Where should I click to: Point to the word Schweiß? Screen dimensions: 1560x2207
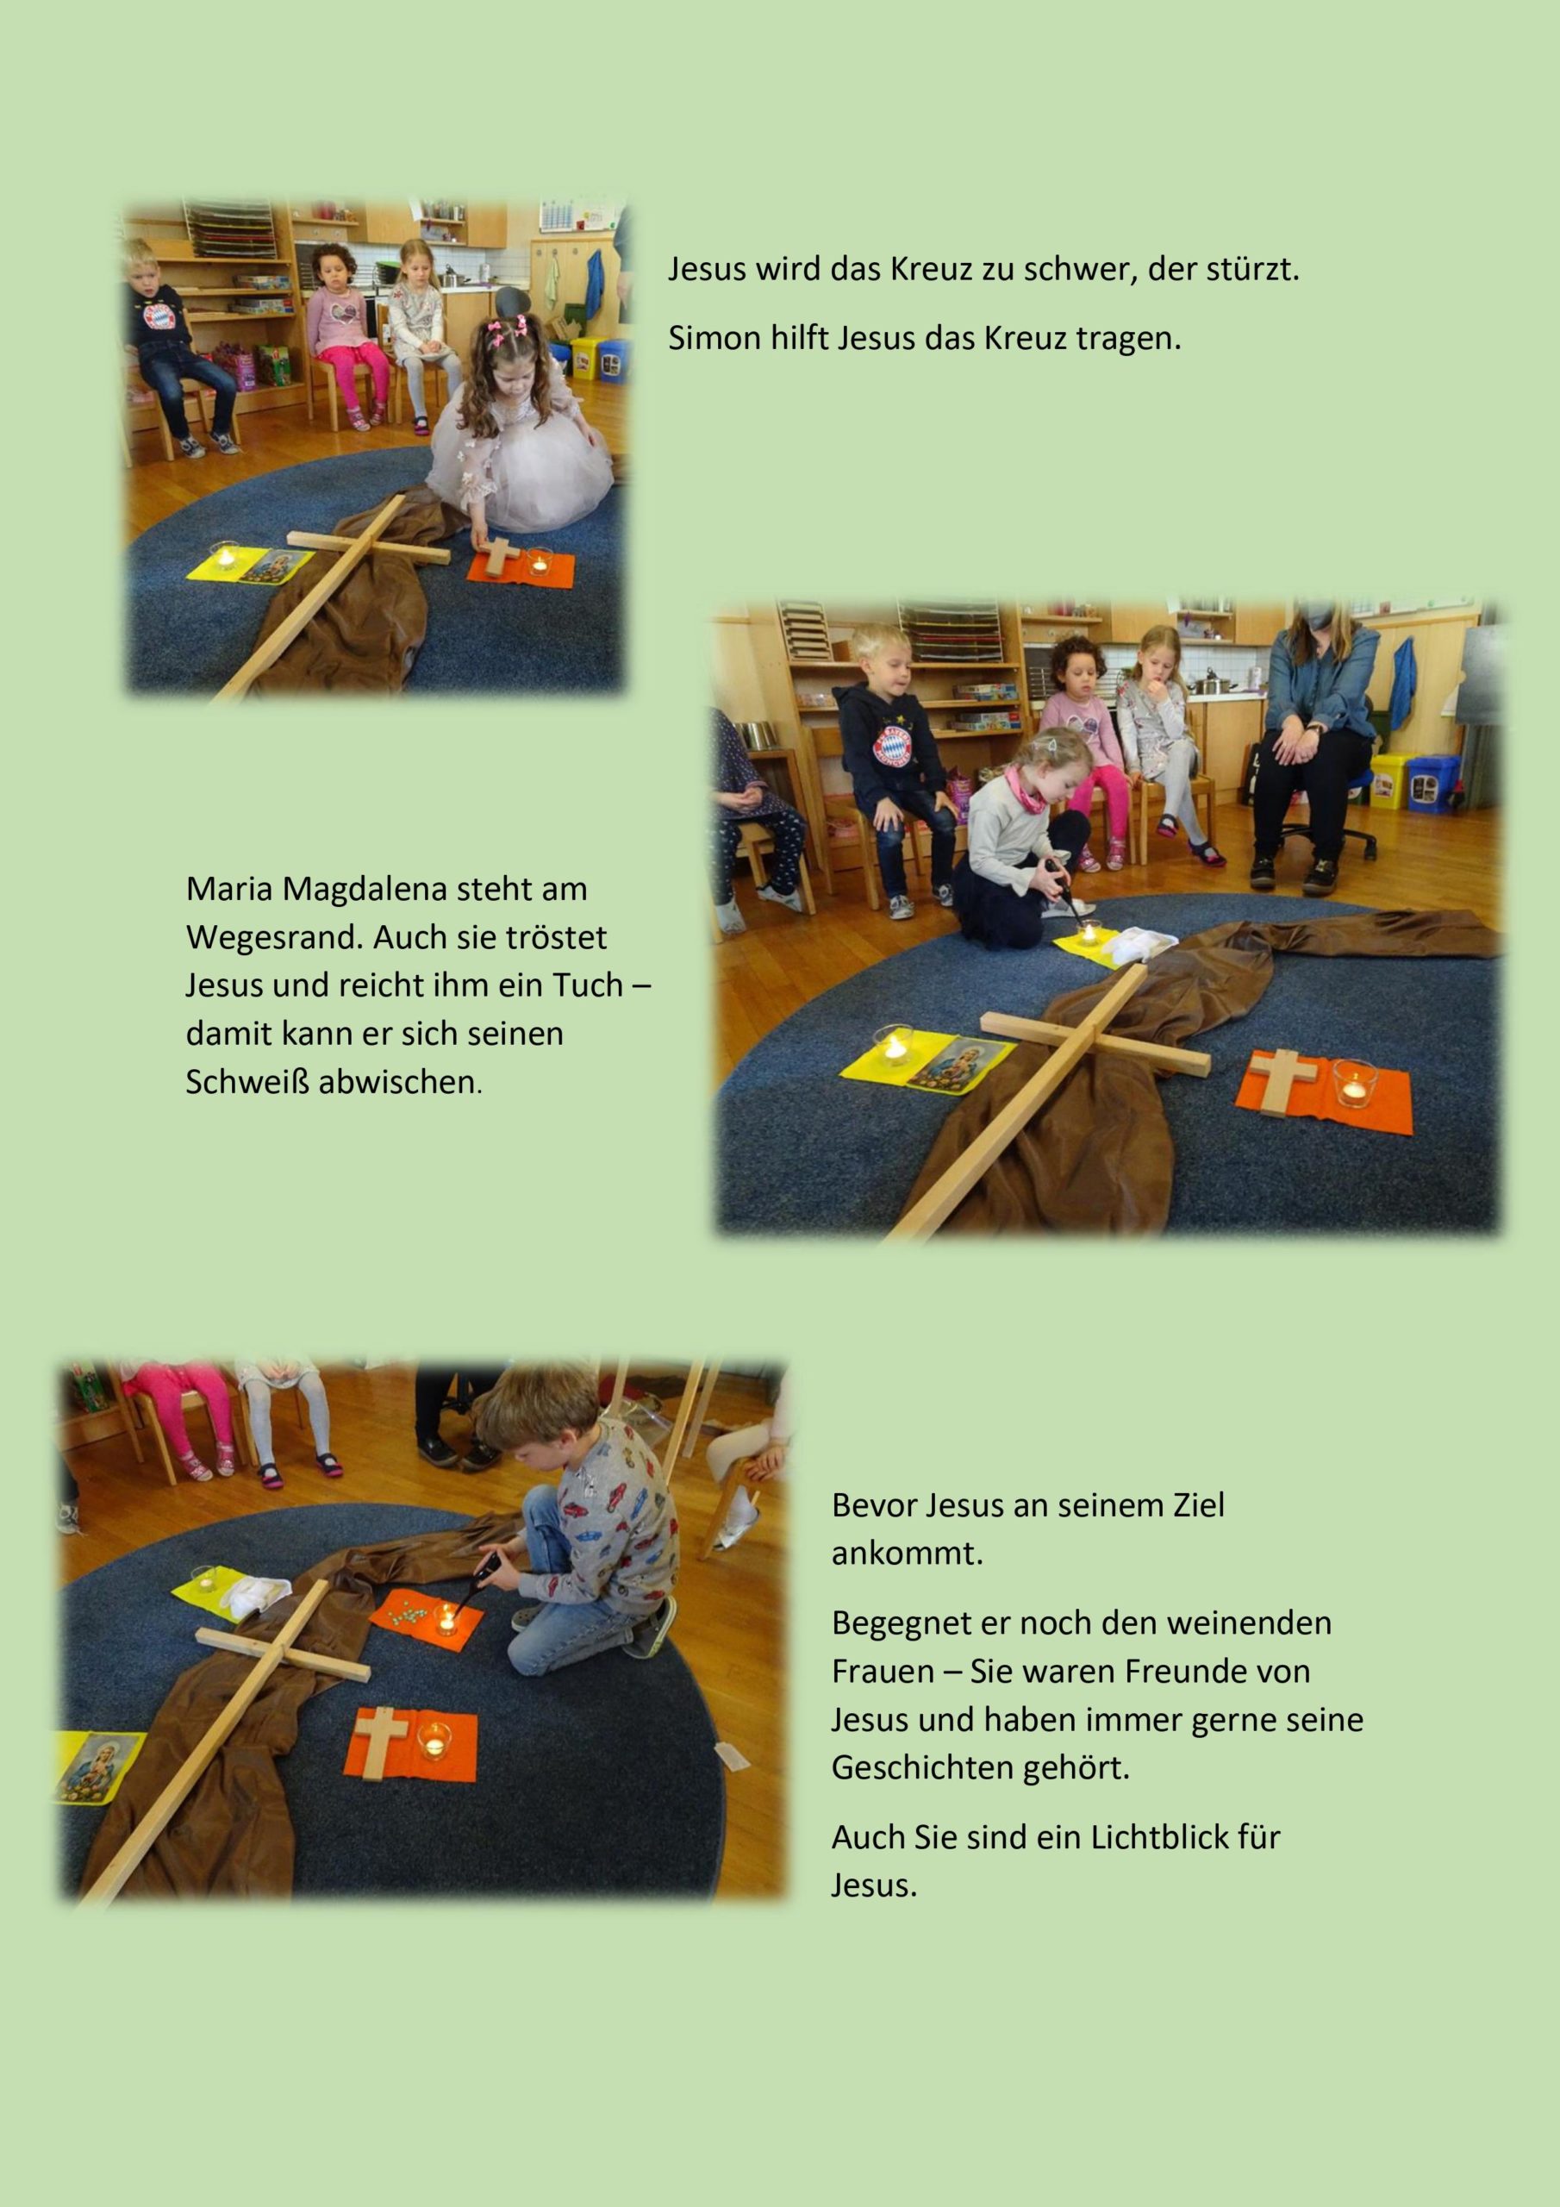click(x=248, y=1081)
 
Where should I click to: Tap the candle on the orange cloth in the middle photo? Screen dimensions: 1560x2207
click(x=1354, y=1084)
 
